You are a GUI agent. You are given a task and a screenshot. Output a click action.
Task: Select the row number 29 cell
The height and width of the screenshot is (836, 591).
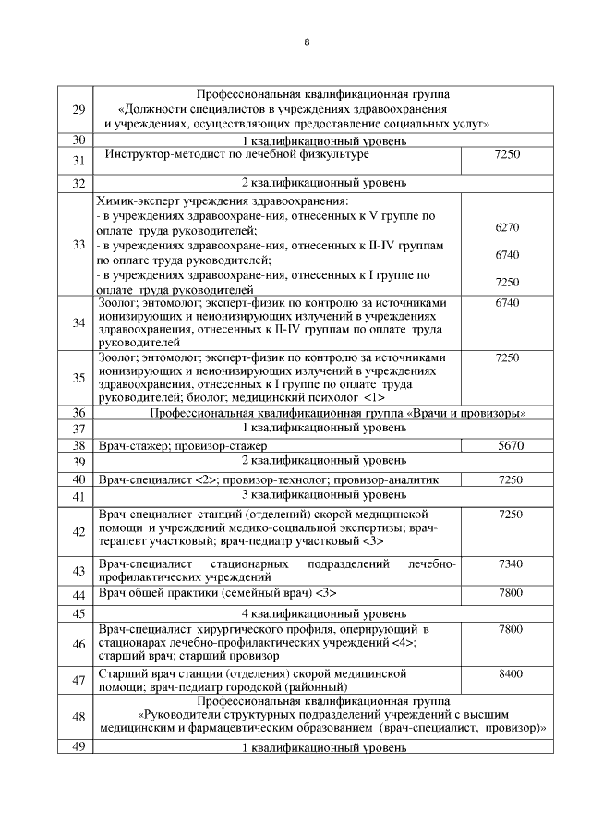coord(78,109)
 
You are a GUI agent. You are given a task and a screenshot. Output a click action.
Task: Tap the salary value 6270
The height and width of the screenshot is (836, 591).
coord(507,227)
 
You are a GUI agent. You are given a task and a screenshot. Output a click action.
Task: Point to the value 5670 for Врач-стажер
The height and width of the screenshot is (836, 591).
coord(510,445)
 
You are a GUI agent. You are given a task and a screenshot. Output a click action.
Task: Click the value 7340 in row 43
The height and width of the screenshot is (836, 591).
coord(511,563)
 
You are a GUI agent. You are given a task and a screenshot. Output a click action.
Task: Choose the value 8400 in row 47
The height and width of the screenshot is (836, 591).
coord(511,674)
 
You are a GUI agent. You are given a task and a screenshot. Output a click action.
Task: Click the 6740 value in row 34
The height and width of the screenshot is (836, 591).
coord(507,303)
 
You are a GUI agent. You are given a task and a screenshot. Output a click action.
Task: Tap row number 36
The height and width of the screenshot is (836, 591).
coord(78,413)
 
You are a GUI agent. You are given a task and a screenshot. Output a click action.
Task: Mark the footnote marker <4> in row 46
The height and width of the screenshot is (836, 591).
coord(404,642)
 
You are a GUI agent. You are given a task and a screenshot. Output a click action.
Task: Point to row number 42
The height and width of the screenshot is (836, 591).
coord(78,530)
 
